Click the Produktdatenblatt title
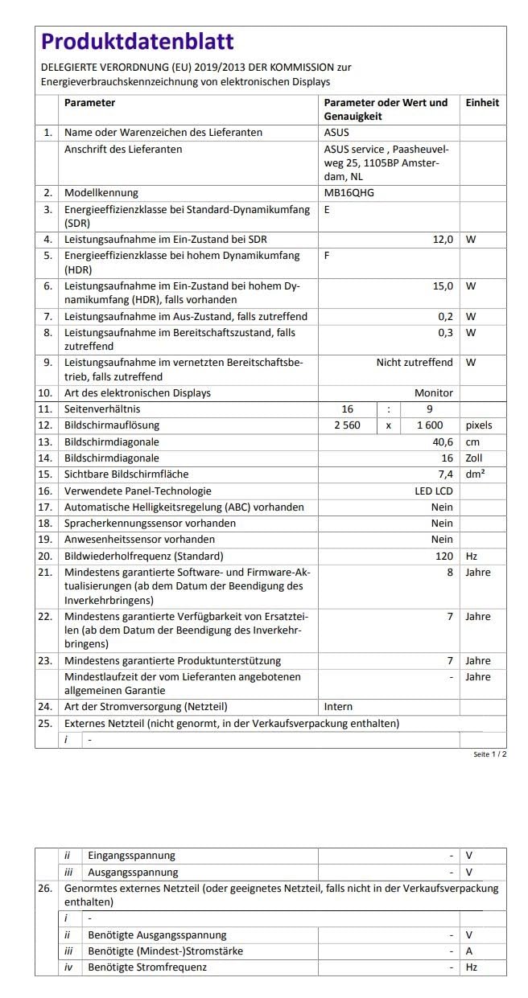click(x=137, y=42)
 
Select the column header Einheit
click(x=482, y=103)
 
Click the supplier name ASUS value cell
click(x=336, y=133)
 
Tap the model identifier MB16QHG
click(x=349, y=193)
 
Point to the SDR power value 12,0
click(x=443, y=240)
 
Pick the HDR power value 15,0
click(x=443, y=285)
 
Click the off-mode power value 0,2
click(x=445, y=316)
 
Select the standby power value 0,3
click(x=445, y=332)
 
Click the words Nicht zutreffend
click(x=415, y=363)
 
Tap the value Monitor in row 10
click(x=433, y=393)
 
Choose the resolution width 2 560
click(x=347, y=425)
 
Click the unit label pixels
click(x=479, y=425)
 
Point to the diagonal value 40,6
click(x=443, y=442)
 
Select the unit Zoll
click(x=476, y=458)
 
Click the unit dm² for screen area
click(x=475, y=474)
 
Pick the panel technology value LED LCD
click(x=433, y=491)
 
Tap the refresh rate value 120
click(x=444, y=556)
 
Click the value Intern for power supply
click(x=338, y=707)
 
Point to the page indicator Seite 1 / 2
click(x=489, y=755)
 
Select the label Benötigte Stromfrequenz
click(x=146, y=967)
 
